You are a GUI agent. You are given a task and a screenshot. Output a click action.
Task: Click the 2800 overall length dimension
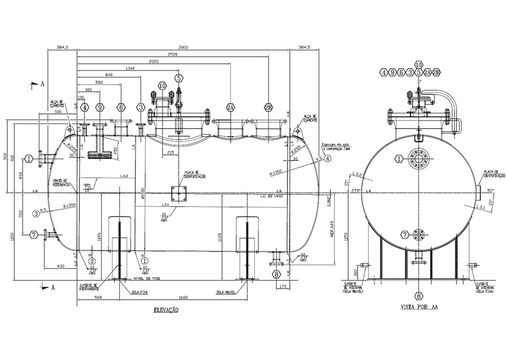tap(183, 47)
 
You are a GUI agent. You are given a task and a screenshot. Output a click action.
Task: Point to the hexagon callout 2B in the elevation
tap(268, 107)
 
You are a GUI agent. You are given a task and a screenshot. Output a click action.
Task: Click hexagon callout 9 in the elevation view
tap(100, 107)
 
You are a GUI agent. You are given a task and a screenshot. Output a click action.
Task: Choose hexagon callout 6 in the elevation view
tap(121, 107)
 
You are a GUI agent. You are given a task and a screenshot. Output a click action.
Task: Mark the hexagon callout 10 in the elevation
tap(162, 86)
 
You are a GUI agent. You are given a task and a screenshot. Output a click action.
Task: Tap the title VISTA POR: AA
tap(418, 307)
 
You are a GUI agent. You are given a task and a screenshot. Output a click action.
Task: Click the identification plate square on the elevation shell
tap(179, 194)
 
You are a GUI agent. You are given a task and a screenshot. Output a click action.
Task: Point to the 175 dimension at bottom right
tap(282, 287)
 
